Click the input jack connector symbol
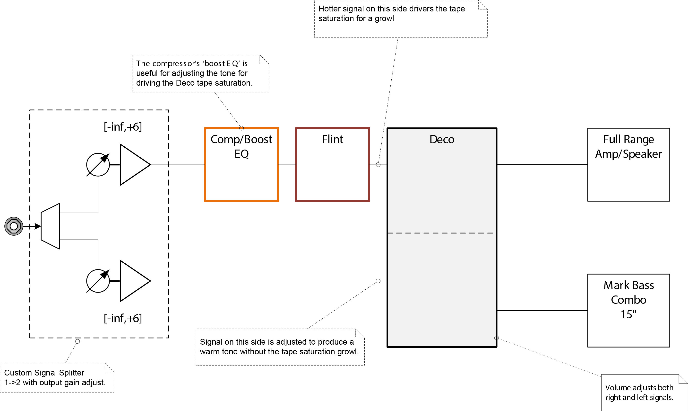(14, 226)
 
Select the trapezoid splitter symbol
(50, 226)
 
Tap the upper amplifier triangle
(135, 164)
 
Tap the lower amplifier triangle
(135, 281)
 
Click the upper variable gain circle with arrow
(98, 164)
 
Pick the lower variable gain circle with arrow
(98, 281)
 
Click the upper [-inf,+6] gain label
(123, 127)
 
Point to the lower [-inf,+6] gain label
(123, 319)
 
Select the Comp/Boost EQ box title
(241, 146)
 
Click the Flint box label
(333, 139)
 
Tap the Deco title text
(442, 139)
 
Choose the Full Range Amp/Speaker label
(628, 146)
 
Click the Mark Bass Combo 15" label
(628, 300)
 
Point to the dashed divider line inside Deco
(441, 233)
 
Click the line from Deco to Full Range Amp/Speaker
(542, 164)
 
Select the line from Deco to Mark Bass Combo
(542, 311)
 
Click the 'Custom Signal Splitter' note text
(44, 373)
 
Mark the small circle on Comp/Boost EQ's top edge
(241, 128)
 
